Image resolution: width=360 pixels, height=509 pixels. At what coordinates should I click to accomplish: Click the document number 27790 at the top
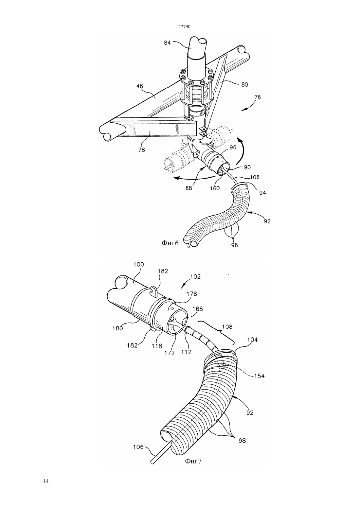pyautogui.click(x=184, y=26)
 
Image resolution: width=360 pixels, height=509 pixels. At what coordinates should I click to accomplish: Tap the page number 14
pyautogui.click(x=46, y=482)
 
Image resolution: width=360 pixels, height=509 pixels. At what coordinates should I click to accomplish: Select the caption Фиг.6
pyautogui.click(x=170, y=243)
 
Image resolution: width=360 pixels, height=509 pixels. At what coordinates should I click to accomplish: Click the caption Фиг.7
pyautogui.click(x=193, y=461)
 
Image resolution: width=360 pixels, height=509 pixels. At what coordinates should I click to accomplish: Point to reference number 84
pyautogui.click(x=167, y=43)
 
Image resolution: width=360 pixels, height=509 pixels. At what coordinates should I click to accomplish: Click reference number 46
pyautogui.click(x=140, y=86)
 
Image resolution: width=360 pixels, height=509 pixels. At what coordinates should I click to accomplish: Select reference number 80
pyautogui.click(x=244, y=84)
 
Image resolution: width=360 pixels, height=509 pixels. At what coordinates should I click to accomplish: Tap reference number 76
pyautogui.click(x=257, y=97)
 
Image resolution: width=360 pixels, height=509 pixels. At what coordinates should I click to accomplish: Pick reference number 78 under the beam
pyautogui.click(x=141, y=150)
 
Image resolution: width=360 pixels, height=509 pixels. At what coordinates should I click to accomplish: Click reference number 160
pyautogui.click(x=215, y=188)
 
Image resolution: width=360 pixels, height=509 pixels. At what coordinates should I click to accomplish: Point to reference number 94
pyautogui.click(x=262, y=193)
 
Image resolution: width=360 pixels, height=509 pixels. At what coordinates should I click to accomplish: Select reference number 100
pyautogui.click(x=139, y=265)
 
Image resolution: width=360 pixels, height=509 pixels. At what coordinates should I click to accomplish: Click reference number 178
pyautogui.click(x=191, y=294)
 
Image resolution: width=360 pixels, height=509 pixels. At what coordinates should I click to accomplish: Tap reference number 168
pyautogui.click(x=198, y=309)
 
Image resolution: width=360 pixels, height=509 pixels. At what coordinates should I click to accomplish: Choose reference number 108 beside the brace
pyautogui.click(x=227, y=326)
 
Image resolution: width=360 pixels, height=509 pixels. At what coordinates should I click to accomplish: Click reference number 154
pyautogui.click(x=260, y=376)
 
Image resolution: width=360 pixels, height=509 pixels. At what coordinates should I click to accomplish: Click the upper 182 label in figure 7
pyautogui.click(x=163, y=271)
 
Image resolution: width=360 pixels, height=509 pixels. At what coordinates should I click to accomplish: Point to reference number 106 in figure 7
pyautogui.click(x=138, y=447)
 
